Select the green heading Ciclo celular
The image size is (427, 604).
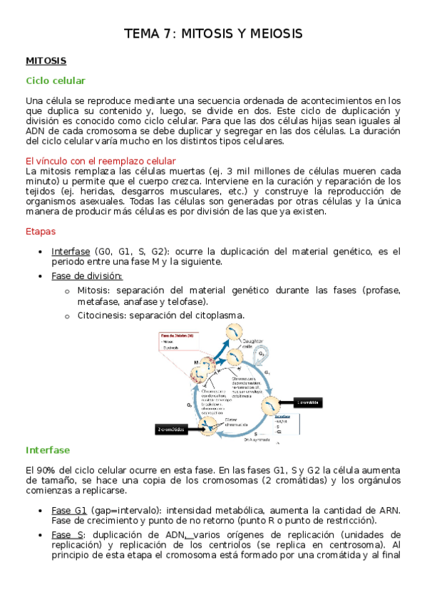[x=56, y=81]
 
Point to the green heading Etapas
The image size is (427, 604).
[x=40, y=231]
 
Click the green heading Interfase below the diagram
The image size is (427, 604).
[x=48, y=450]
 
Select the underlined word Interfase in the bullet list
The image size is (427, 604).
[x=71, y=251]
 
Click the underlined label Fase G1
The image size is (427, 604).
[x=69, y=510]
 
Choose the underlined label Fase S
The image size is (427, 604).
[x=67, y=534]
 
